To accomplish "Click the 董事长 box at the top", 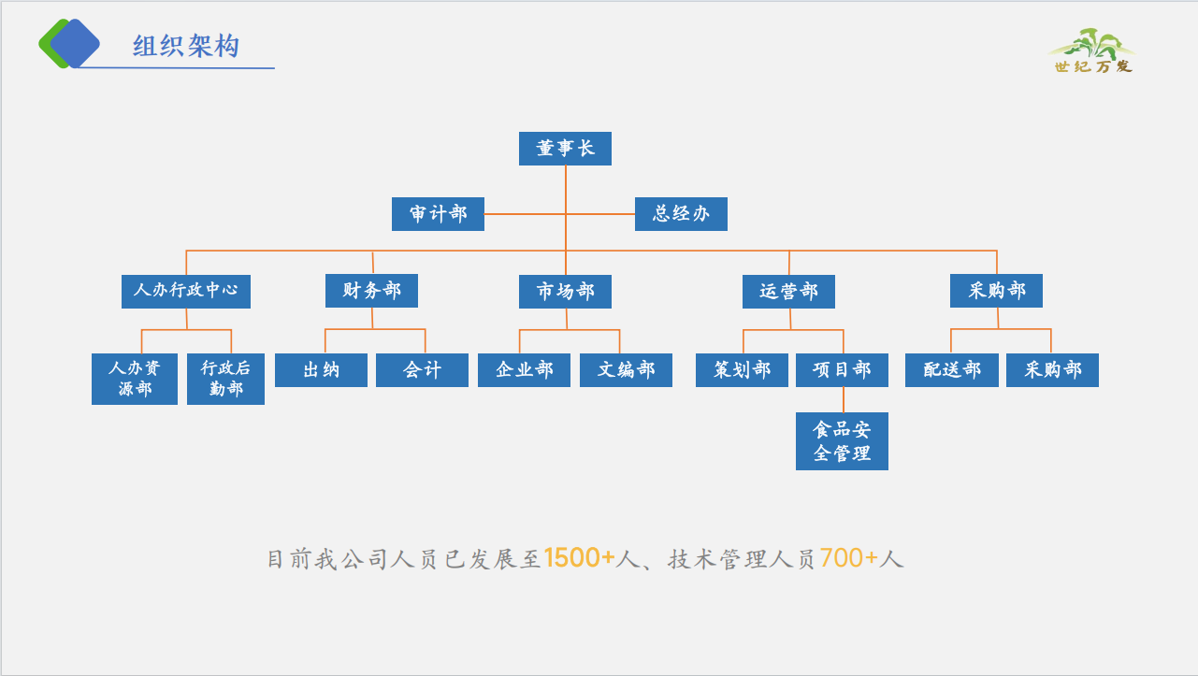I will [565, 149].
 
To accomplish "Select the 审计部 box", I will [438, 214].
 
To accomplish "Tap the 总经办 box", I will [681, 214].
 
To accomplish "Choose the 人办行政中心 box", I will [186, 291].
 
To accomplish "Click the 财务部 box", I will [371, 291].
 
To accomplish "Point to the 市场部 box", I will [565, 292].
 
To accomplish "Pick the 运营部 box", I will [788, 292].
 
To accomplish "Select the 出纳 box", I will [321, 370].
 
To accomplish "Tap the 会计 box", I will [422, 370].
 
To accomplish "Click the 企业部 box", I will [524, 370].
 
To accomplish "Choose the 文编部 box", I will [626, 370].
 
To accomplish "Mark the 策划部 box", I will [742, 370].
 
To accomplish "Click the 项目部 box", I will [842, 370].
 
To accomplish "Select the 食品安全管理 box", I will [842, 441].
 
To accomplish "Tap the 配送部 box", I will [951, 370].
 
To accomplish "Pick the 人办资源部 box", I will [135, 379].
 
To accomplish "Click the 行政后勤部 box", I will [225, 379].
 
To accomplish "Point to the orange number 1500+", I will [579, 559].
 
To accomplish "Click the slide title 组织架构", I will [186, 46].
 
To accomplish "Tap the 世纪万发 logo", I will [1092, 51].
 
